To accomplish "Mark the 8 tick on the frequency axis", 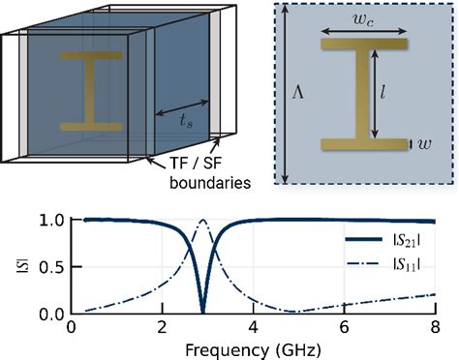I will pyautogui.click(x=436, y=328).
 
